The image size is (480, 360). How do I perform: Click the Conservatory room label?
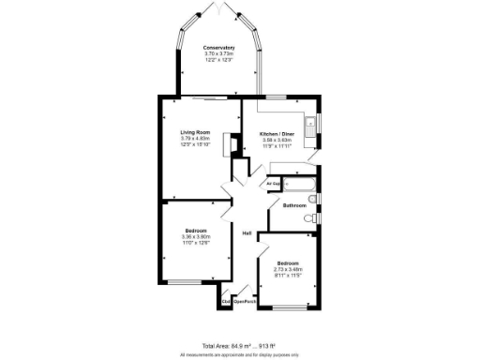[219, 47]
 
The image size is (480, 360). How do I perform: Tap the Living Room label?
[195, 133]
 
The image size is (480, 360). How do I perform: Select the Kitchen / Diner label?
[277, 134]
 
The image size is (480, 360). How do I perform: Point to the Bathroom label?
[295, 204]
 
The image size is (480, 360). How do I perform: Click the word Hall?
[247, 233]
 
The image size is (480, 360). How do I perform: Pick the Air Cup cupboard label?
[275, 184]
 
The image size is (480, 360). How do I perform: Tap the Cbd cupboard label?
[226, 301]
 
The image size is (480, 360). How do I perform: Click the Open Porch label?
[245, 301]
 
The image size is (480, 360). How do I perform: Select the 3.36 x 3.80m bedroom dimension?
[196, 236]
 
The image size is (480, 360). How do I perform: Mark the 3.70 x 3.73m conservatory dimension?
[219, 53]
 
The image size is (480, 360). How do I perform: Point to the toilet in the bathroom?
[310, 218]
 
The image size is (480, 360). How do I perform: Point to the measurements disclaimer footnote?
[239, 354]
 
